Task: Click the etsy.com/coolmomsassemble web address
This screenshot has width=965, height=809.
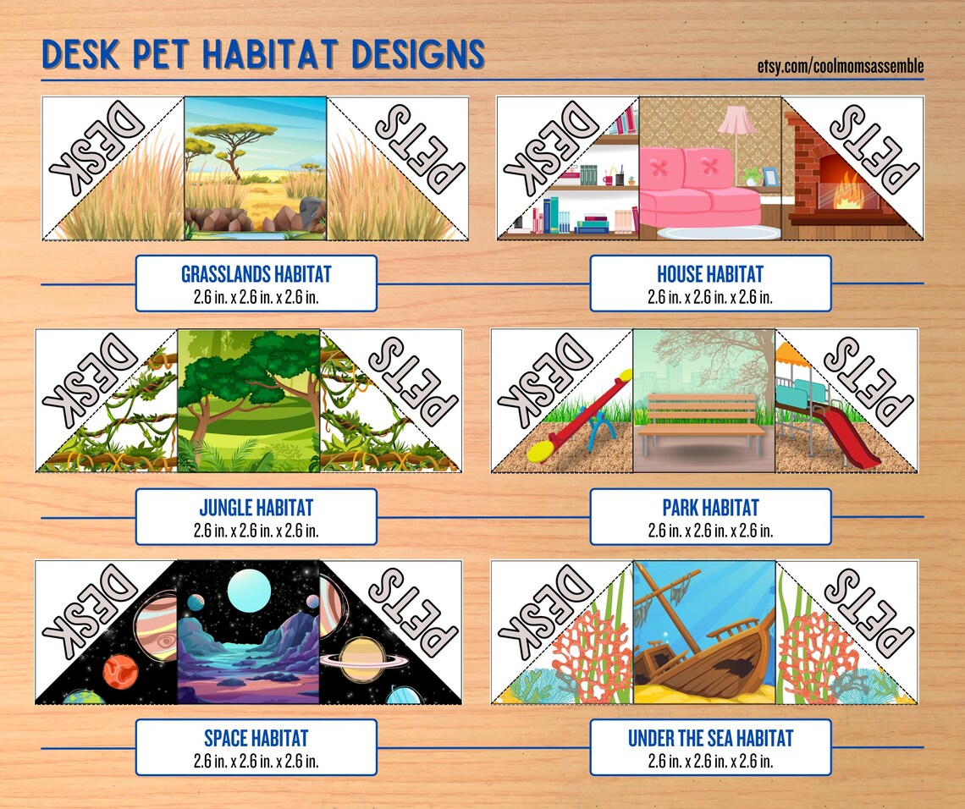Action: pos(840,66)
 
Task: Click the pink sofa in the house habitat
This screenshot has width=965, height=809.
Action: pos(698,191)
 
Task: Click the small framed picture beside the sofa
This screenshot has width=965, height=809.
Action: pos(769,177)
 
